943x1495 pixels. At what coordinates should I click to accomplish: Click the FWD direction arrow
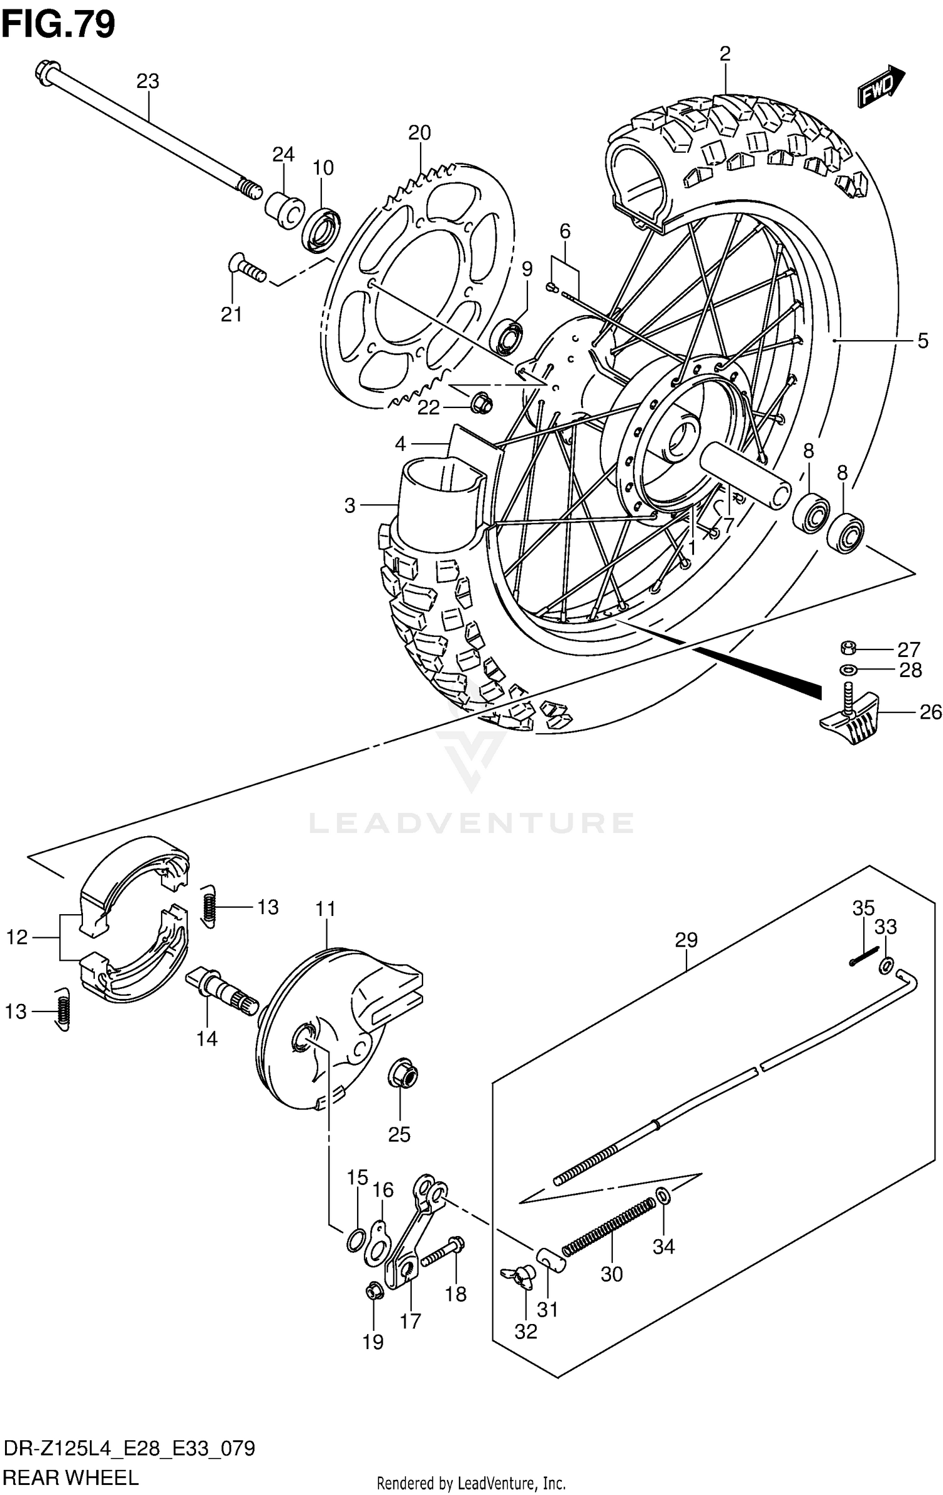click(881, 86)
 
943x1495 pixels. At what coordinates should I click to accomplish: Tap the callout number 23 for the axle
click(148, 81)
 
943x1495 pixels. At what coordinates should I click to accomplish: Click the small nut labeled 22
click(481, 403)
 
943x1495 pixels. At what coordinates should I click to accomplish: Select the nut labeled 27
click(847, 647)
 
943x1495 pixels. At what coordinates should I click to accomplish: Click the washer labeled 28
click(847, 669)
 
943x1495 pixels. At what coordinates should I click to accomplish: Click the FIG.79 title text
click(58, 25)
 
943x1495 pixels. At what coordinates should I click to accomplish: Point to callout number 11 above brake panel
click(326, 910)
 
